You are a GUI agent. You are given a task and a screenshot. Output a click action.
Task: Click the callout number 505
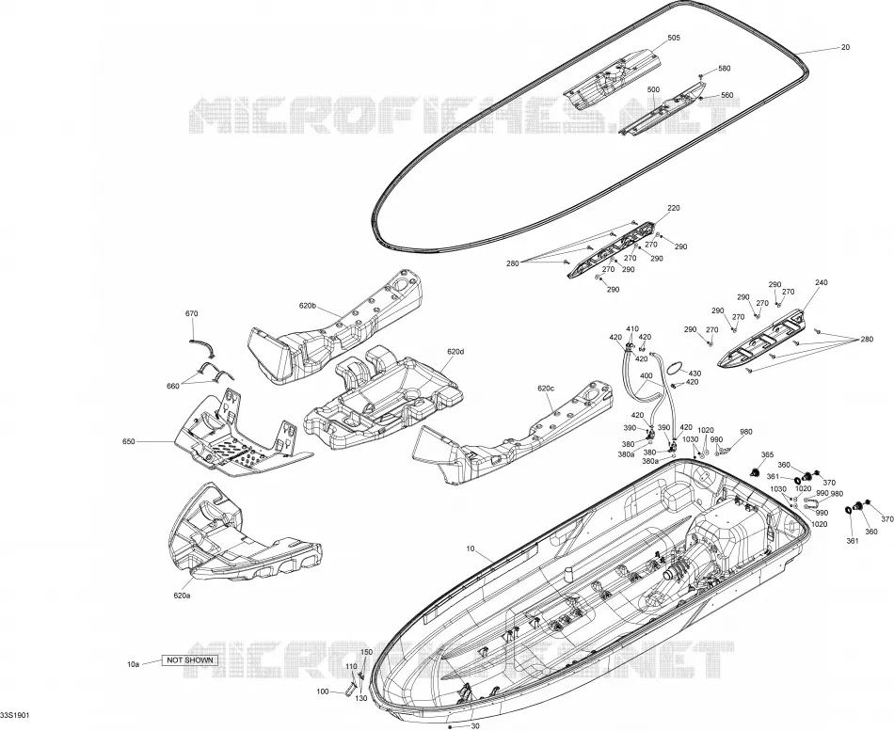click(x=674, y=38)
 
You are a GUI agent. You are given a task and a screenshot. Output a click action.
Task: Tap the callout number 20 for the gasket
click(x=845, y=47)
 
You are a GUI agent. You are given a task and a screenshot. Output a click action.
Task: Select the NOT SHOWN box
click(x=190, y=660)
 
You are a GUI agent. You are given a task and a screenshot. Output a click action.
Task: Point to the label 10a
click(x=133, y=664)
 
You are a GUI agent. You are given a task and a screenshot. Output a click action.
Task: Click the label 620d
click(x=455, y=352)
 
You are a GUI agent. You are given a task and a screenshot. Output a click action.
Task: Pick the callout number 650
click(x=129, y=441)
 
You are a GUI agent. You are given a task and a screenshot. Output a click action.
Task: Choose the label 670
click(x=192, y=313)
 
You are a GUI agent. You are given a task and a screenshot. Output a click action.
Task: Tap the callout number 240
click(x=822, y=283)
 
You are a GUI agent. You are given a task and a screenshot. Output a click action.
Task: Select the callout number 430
click(x=695, y=373)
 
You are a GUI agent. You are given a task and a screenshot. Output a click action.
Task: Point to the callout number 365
click(x=767, y=454)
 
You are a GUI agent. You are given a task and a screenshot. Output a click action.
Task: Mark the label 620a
click(x=182, y=596)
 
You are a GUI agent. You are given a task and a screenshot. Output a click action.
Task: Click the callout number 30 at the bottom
click(x=475, y=726)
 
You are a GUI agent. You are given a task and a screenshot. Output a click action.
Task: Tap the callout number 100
click(x=323, y=691)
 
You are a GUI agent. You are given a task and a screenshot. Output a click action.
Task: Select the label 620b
click(x=307, y=306)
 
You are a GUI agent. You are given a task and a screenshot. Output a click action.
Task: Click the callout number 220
click(x=674, y=209)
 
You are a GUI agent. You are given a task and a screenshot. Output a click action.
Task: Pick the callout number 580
click(x=724, y=69)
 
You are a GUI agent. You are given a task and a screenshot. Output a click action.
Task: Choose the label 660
click(x=173, y=386)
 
